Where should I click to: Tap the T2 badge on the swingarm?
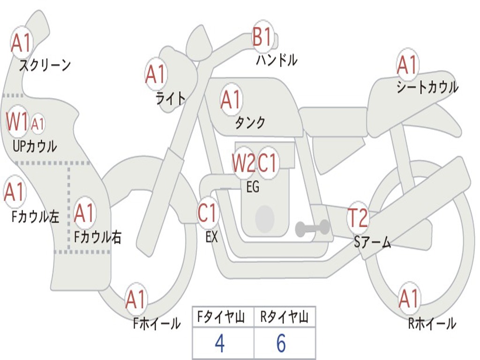click(358, 217)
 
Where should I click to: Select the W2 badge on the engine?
click(244, 163)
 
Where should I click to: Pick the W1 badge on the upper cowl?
click(17, 122)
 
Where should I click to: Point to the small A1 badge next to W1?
click(38, 124)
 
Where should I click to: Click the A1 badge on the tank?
click(231, 99)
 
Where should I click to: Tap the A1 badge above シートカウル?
click(407, 65)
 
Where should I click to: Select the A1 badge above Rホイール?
click(408, 299)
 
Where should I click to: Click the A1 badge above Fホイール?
click(136, 300)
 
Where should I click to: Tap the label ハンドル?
click(277, 60)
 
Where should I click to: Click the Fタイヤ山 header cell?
click(223, 318)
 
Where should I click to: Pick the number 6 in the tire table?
click(281, 344)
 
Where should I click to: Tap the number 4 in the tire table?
click(219, 344)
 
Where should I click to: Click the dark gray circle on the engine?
click(264, 218)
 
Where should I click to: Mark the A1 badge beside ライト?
click(156, 74)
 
